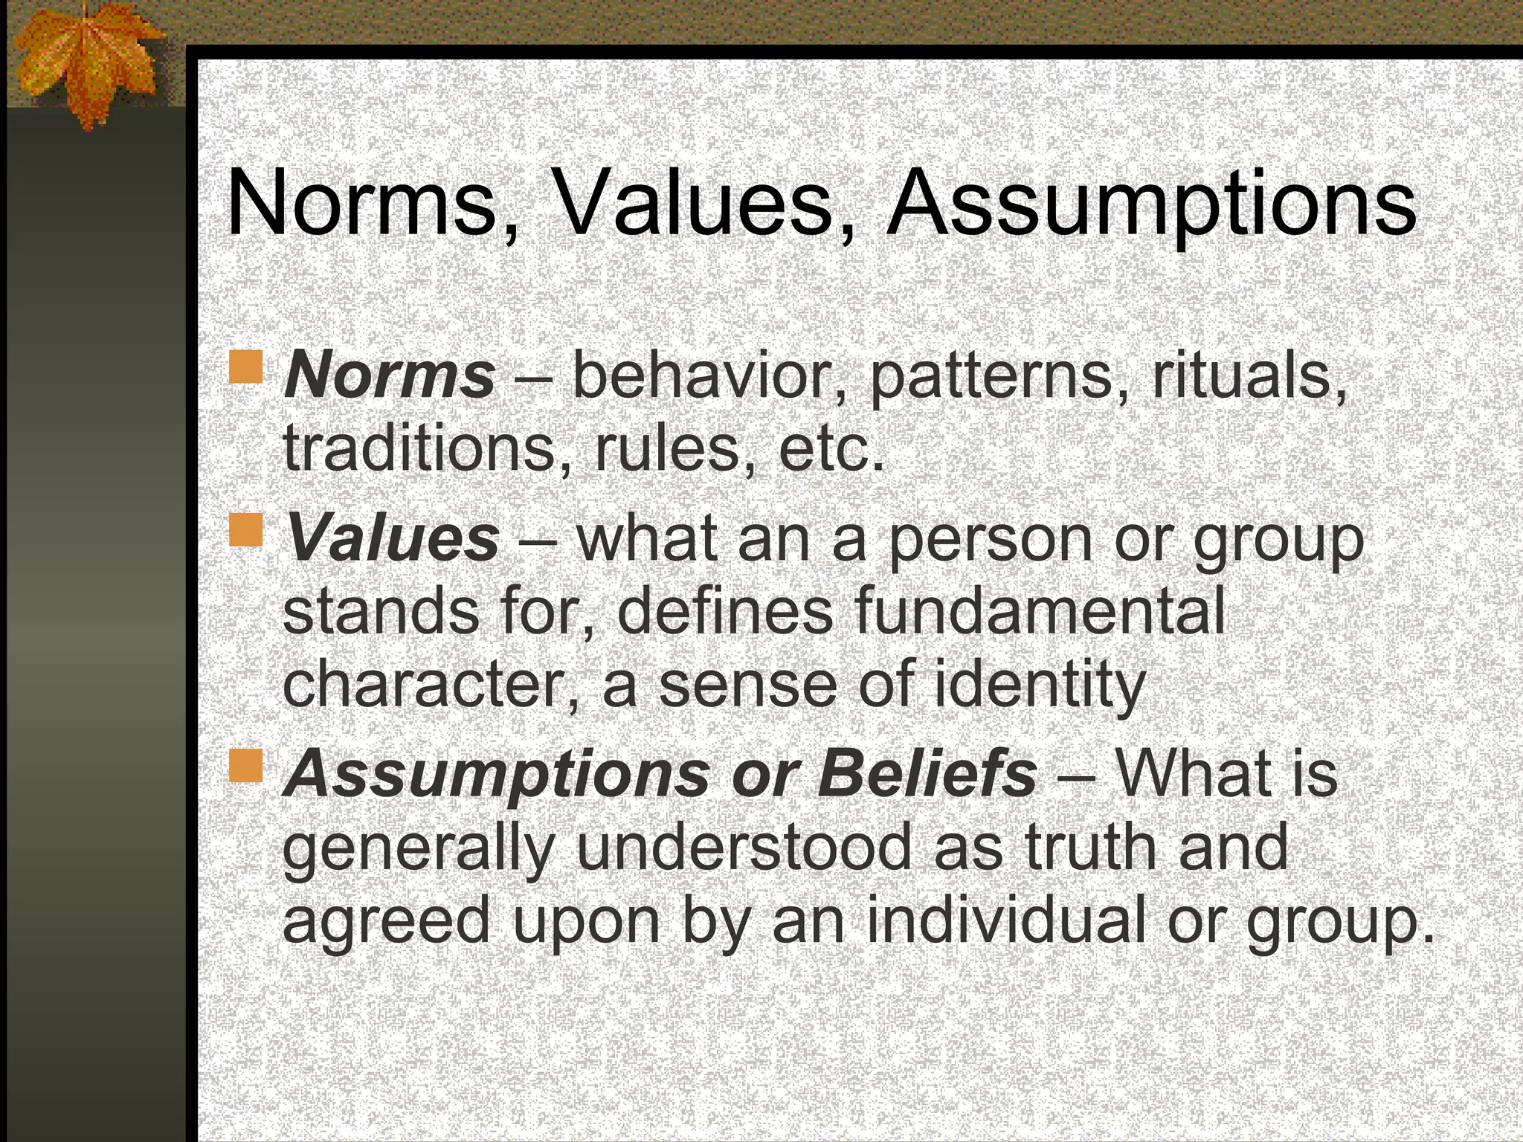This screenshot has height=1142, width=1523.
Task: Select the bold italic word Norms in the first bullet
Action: [x=389, y=375]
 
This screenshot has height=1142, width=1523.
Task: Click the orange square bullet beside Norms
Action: [x=246, y=368]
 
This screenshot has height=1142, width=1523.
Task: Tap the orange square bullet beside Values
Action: [x=246, y=529]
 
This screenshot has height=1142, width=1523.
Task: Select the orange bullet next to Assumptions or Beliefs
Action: [x=246, y=766]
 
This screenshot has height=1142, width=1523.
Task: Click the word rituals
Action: [x=1249, y=375]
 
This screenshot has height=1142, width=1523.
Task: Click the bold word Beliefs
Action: [x=926, y=774]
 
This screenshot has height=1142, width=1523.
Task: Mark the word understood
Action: [x=744, y=848]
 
